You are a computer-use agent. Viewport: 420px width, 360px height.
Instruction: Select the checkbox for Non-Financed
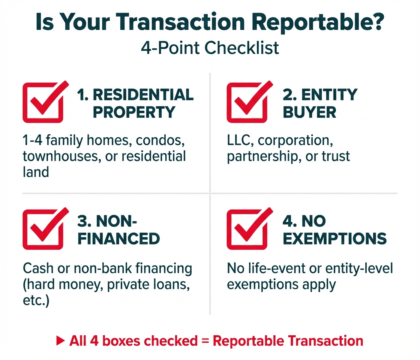43,229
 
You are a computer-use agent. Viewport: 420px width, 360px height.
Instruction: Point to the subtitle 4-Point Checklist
210,48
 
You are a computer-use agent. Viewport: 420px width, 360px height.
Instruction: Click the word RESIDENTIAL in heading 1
143,95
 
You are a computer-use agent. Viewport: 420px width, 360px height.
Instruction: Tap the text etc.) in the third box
36,300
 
